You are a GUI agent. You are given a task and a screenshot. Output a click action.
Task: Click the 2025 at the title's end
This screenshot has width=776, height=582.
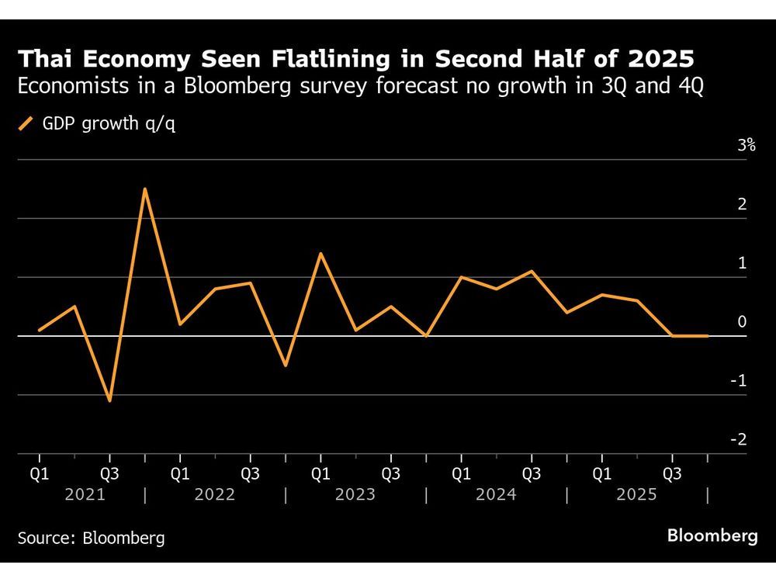coord(660,59)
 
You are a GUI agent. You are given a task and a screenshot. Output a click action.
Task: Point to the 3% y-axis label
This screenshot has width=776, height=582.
coord(747,145)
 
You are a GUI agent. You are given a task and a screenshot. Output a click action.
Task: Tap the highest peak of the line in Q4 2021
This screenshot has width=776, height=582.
coord(145,189)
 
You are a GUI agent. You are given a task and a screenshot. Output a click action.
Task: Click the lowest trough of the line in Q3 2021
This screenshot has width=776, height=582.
coord(109,401)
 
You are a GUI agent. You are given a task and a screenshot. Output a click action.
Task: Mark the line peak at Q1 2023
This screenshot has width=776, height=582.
coord(320,253)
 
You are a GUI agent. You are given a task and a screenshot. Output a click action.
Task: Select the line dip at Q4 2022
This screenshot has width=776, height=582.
coord(285,365)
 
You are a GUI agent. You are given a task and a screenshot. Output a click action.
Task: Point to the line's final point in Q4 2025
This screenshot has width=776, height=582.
coord(707,336)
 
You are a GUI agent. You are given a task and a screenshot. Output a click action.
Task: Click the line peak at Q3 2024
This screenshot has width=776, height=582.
coord(532,271)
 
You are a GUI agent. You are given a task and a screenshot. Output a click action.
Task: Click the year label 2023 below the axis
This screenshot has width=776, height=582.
coord(355,494)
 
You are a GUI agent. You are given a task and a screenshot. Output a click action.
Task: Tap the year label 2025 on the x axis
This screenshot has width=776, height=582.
coord(636,494)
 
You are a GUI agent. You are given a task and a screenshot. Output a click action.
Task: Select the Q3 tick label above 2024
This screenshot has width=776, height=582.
coord(532,472)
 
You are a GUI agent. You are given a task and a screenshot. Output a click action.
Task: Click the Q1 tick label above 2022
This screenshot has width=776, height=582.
coord(180,472)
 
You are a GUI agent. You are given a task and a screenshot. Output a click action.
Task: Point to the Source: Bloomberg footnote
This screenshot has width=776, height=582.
coord(92,538)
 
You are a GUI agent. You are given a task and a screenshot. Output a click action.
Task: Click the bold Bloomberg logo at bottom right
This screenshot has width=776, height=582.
coord(712,537)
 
